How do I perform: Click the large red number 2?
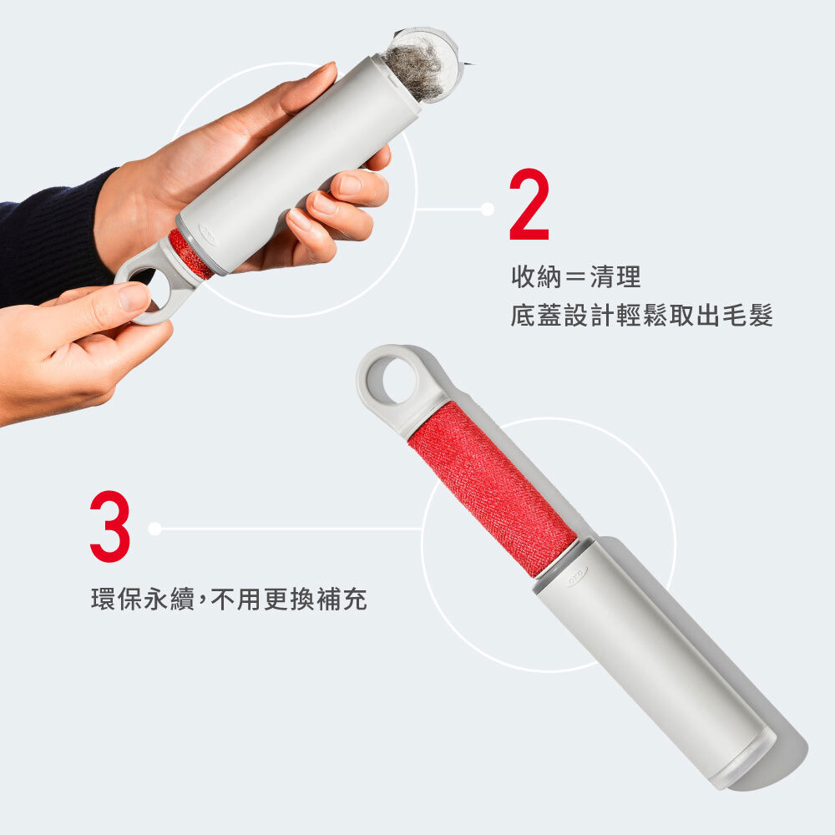tap(529, 205)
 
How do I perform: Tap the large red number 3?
tap(110, 526)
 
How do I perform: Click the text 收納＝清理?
tap(575, 277)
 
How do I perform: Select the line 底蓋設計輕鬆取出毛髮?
tap(641, 316)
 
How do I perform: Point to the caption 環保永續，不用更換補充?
tap(229, 599)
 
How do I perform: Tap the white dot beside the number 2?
tap(488, 210)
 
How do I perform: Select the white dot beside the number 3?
tap(155, 529)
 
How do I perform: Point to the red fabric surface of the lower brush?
tap(493, 488)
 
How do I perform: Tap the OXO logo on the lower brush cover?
tap(577, 577)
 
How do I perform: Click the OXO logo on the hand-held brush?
tap(208, 234)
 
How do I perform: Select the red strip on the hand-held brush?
tap(190, 255)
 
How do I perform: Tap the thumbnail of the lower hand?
tap(133, 298)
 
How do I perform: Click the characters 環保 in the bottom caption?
tap(117, 599)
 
